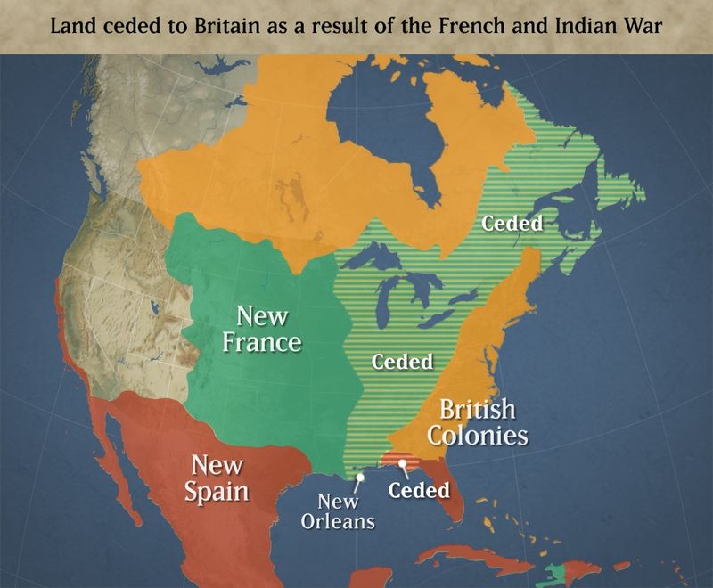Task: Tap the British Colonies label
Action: [x=477, y=422]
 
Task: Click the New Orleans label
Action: [x=338, y=511]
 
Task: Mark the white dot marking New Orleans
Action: [x=359, y=478]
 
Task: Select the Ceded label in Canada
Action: [x=512, y=223]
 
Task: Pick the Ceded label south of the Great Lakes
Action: [x=402, y=362]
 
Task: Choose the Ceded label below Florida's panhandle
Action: [x=419, y=490]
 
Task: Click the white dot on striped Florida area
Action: [x=402, y=463]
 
